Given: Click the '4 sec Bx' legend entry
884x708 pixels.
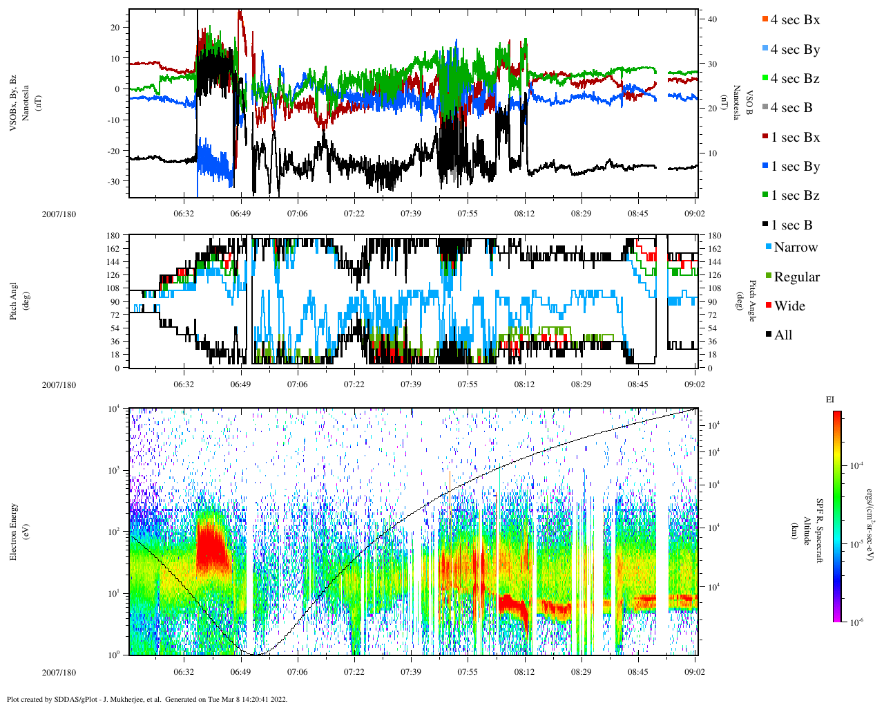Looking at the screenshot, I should (795, 20).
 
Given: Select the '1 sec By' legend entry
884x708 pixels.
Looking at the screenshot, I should (795, 167).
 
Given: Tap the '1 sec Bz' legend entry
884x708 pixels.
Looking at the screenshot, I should (795, 196).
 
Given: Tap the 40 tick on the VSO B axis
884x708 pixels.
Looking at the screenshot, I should (712, 19).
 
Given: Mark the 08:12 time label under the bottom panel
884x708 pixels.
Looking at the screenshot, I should (524, 672).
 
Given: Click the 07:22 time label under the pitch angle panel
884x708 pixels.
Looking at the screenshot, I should (354, 385).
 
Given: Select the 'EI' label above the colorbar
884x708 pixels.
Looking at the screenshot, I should (831, 400).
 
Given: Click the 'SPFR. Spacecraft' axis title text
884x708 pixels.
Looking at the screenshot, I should (820, 531).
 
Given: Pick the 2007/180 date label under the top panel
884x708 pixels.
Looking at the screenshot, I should (59, 214).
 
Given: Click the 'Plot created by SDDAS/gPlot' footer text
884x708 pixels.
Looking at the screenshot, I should (146, 699).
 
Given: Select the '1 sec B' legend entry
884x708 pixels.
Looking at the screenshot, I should (791, 225).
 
